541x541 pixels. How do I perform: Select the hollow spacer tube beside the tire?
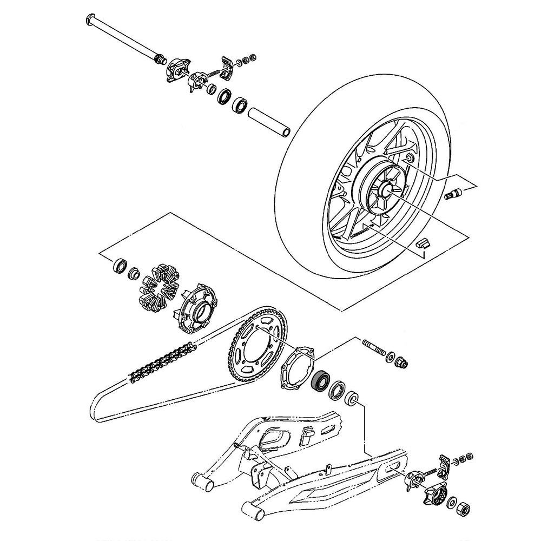click(x=269, y=123)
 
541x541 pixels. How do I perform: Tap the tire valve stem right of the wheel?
click(x=452, y=193)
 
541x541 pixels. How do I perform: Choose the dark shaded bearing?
click(x=322, y=381)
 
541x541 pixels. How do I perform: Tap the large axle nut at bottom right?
click(x=463, y=509)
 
